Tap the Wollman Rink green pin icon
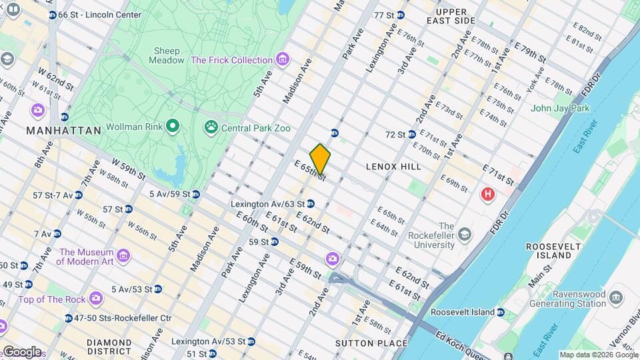pos(173,126)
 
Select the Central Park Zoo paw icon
pos(211,126)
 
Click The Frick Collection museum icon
pos(283,60)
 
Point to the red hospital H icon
pos(488,195)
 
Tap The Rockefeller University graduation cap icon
pos(464,235)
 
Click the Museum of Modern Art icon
pos(123,256)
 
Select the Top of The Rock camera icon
pos(96,297)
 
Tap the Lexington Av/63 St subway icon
pos(311,204)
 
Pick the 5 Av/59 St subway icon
pos(195,195)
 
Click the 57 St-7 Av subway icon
pos(79,195)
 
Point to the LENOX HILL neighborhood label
pos(393,167)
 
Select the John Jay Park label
pos(560,108)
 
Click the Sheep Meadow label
pos(168,55)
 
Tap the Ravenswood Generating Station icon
pos(615,296)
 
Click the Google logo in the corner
pos(21,351)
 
